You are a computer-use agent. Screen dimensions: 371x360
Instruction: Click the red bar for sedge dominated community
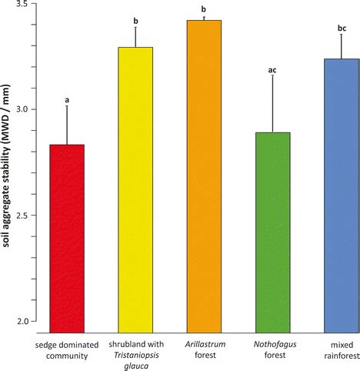pos(67,238)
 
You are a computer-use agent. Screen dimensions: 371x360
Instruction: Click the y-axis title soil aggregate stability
pos(7,163)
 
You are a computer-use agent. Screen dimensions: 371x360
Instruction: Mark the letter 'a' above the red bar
pos(67,100)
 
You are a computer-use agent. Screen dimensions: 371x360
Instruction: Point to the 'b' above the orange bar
pos(203,9)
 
